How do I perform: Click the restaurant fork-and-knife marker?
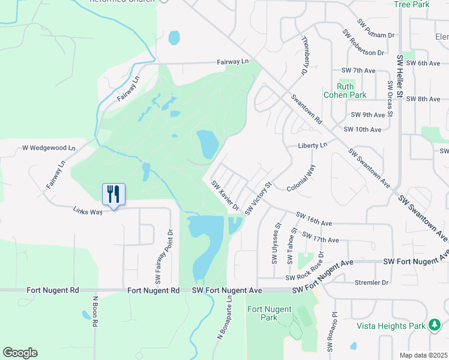113,194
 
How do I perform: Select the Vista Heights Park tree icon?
434,325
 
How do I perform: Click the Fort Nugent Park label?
269,313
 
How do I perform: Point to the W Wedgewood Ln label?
49,148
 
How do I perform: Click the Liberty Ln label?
313,145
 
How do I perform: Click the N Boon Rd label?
95,310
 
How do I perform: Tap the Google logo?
20,353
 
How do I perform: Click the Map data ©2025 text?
423,355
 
